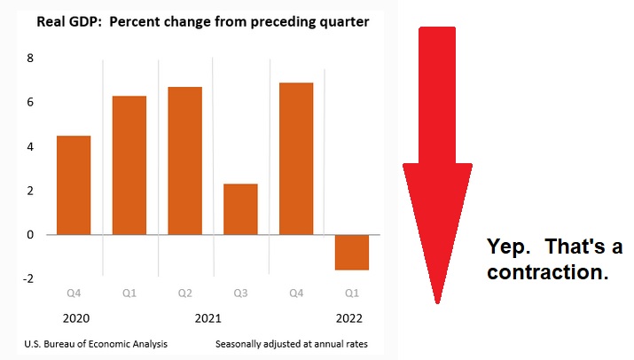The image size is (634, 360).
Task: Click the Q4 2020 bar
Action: [74, 185]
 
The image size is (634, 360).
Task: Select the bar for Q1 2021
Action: [129, 165]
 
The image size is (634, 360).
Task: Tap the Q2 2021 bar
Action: [185, 160]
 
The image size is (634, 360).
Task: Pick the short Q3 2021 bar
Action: [240, 209]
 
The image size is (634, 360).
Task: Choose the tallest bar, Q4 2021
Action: [297, 159]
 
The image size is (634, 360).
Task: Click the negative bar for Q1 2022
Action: [352, 252]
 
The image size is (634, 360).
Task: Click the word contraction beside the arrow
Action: [547, 272]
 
